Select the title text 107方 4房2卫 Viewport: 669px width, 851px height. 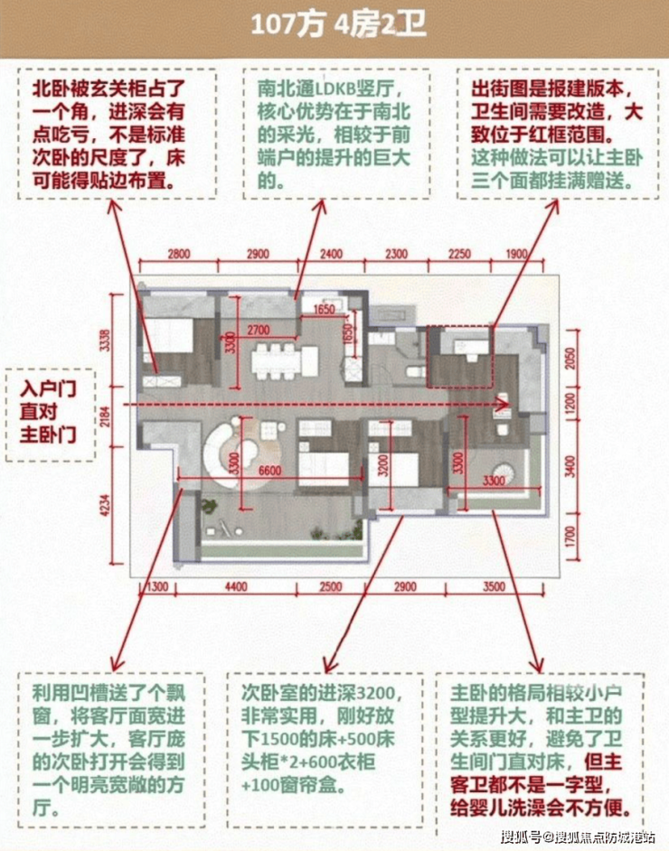click(x=337, y=24)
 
